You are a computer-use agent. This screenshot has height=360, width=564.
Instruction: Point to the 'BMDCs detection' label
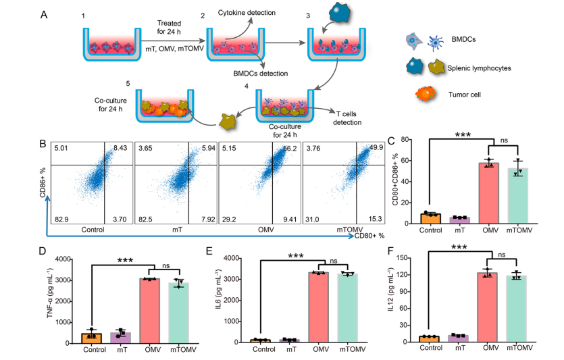261,73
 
